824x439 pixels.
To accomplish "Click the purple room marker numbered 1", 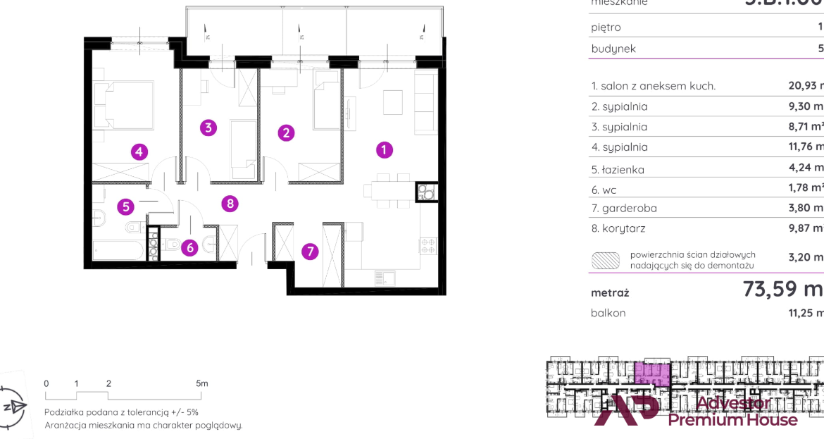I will coord(384,149).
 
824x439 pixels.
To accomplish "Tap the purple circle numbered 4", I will coord(139,152).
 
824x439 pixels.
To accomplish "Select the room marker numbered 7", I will coord(309,252).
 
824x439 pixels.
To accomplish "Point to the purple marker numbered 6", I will coord(189,247).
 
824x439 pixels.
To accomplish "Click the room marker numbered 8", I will coord(229,204).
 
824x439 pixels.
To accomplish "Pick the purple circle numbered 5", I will coord(125,206).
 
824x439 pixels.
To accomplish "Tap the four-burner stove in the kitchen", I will coord(428,245).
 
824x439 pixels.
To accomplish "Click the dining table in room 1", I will coord(388,190).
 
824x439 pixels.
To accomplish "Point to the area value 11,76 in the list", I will coord(806,147).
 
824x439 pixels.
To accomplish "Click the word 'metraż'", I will coord(610,292).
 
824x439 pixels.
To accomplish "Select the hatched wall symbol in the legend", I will coord(606,260).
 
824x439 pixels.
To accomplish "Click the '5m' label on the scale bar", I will coord(202,383).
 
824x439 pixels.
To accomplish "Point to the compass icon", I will coord(12,407).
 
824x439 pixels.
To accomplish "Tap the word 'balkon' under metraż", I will coord(608,313).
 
